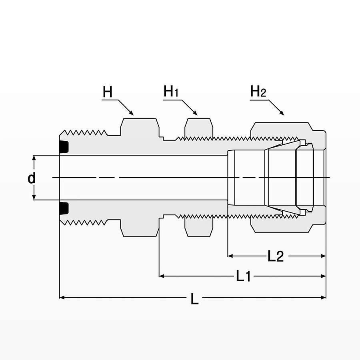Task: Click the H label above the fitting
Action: [108, 92]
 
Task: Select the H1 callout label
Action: [171, 91]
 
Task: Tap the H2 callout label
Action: [258, 91]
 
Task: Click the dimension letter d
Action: [32, 178]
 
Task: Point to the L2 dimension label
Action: [276, 256]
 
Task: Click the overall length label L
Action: [194, 299]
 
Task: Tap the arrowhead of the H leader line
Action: [132, 113]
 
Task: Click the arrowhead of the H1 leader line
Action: [195, 113]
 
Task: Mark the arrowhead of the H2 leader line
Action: [282, 113]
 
